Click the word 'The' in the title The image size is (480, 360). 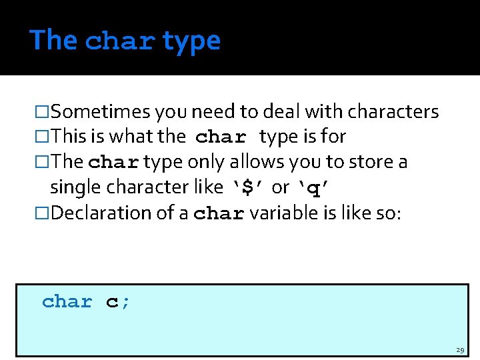coord(53,40)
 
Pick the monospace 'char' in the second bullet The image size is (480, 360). coord(221,138)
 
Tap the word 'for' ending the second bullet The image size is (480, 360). coord(333,137)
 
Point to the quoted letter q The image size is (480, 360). coord(312,189)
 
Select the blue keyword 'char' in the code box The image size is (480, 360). coord(67,302)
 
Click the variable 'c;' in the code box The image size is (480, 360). coord(118,302)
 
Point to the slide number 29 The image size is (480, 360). coord(460,350)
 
